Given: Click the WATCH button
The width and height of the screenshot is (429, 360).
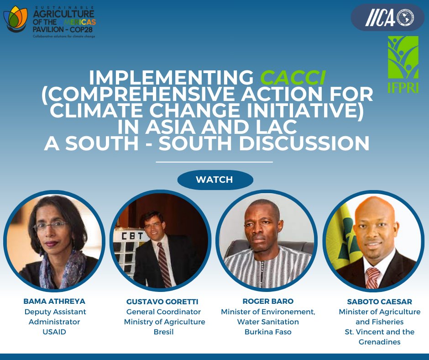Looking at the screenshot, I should (214, 180).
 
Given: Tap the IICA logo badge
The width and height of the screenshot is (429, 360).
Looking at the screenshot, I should (387, 18).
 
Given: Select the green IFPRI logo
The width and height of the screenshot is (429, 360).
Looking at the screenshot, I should (403, 64).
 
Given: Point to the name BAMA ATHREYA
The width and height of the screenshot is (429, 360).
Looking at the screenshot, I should (54, 301).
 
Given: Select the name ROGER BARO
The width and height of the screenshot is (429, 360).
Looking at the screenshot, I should (268, 301).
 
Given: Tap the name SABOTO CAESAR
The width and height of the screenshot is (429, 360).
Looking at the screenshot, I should (379, 302).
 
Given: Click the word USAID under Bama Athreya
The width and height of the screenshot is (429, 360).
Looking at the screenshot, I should (54, 332).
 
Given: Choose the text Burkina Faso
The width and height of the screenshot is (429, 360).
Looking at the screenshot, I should (268, 332).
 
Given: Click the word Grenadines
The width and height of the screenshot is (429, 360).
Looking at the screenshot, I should (379, 342).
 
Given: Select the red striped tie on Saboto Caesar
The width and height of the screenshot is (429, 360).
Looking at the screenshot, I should (372, 276).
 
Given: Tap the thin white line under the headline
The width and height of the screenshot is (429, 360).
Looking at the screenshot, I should (214, 162).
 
